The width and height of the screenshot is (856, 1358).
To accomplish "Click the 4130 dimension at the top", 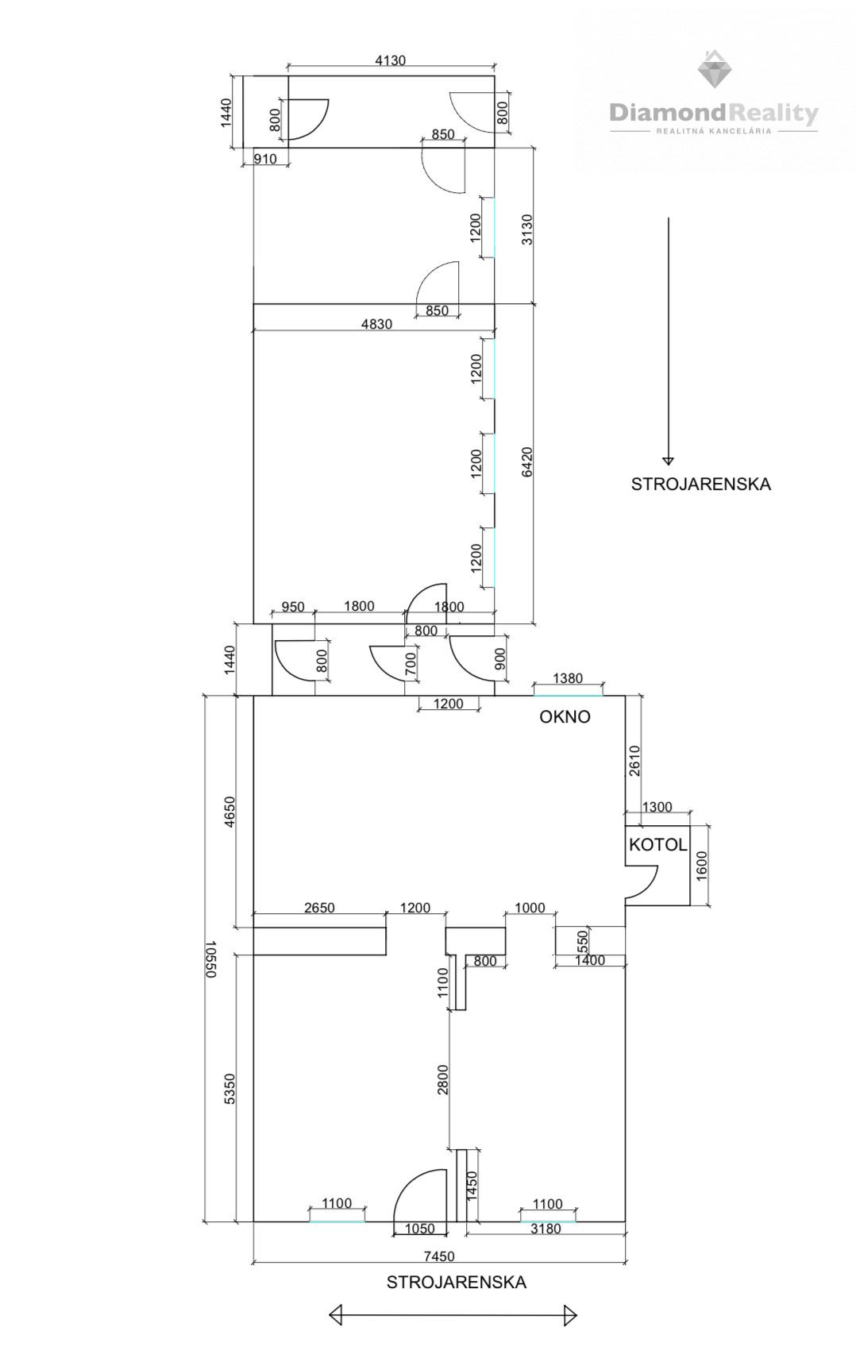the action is [x=391, y=60].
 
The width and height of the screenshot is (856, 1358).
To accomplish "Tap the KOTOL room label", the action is [x=657, y=844].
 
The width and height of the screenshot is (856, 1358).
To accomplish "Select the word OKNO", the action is [x=565, y=716].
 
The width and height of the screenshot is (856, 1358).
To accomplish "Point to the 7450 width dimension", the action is [x=440, y=1256].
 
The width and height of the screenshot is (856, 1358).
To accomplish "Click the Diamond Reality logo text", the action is [x=714, y=113].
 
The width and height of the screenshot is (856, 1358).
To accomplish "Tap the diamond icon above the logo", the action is [x=714, y=68].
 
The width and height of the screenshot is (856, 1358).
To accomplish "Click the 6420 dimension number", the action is [x=526, y=462].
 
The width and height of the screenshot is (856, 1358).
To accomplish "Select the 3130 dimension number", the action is [x=526, y=230].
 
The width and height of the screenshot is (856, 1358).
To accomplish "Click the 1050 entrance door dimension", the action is [x=419, y=1229].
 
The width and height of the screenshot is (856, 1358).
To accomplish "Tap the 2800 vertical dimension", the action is [x=443, y=1079].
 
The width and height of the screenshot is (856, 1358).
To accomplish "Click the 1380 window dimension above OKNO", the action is [x=568, y=678].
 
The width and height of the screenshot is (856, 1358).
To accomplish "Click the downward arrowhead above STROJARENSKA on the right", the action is [x=668, y=460].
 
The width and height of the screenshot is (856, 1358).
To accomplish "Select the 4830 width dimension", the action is [x=376, y=324].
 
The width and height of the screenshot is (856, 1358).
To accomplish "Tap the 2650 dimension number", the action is [x=319, y=908].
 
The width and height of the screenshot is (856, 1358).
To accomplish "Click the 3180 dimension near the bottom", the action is [x=546, y=1229].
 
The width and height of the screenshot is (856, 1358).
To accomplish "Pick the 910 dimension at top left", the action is [x=265, y=159].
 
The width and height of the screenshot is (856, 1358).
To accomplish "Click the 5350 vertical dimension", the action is [x=229, y=1089].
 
